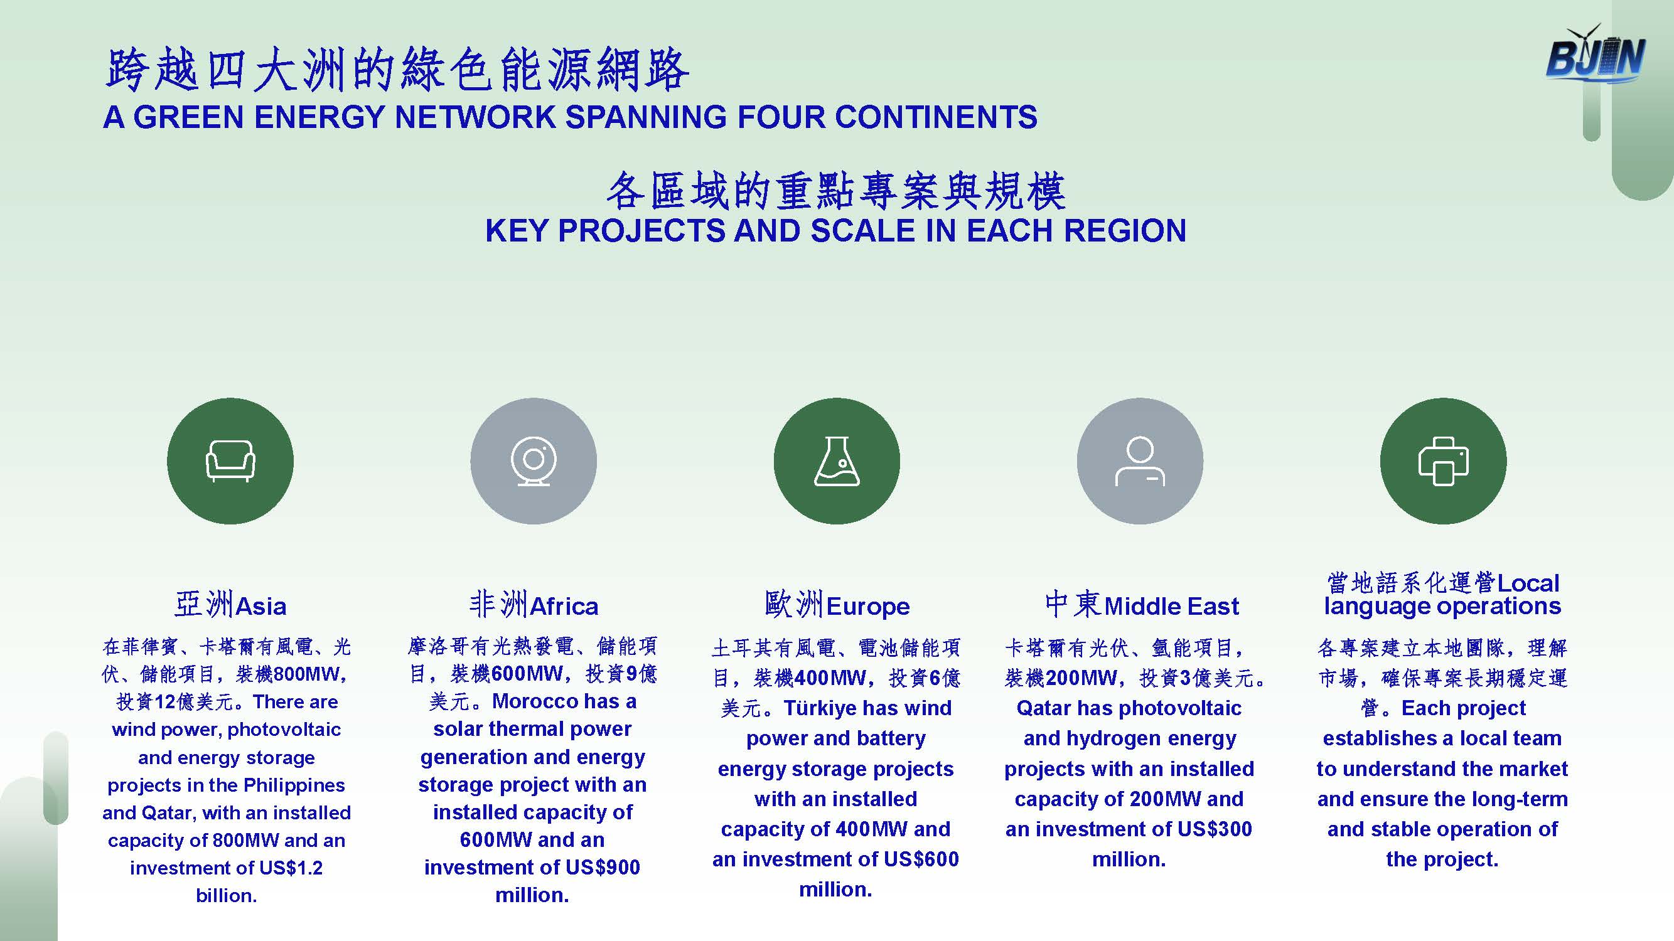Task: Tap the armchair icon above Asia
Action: [x=230, y=461]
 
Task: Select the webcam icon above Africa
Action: [x=534, y=461]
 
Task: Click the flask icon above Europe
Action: [x=837, y=461]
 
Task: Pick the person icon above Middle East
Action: [x=1140, y=461]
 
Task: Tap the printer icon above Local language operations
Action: [x=1443, y=461]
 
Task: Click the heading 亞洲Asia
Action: [x=230, y=605]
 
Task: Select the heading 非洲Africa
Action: [x=534, y=605]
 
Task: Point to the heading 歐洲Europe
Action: [x=837, y=605]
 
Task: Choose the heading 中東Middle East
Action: [x=1142, y=605]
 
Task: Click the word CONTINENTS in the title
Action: [x=936, y=117]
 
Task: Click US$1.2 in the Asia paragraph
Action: [x=291, y=868]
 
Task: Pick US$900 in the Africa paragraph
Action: [x=603, y=868]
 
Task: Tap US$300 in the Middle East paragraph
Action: [x=1214, y=829]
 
